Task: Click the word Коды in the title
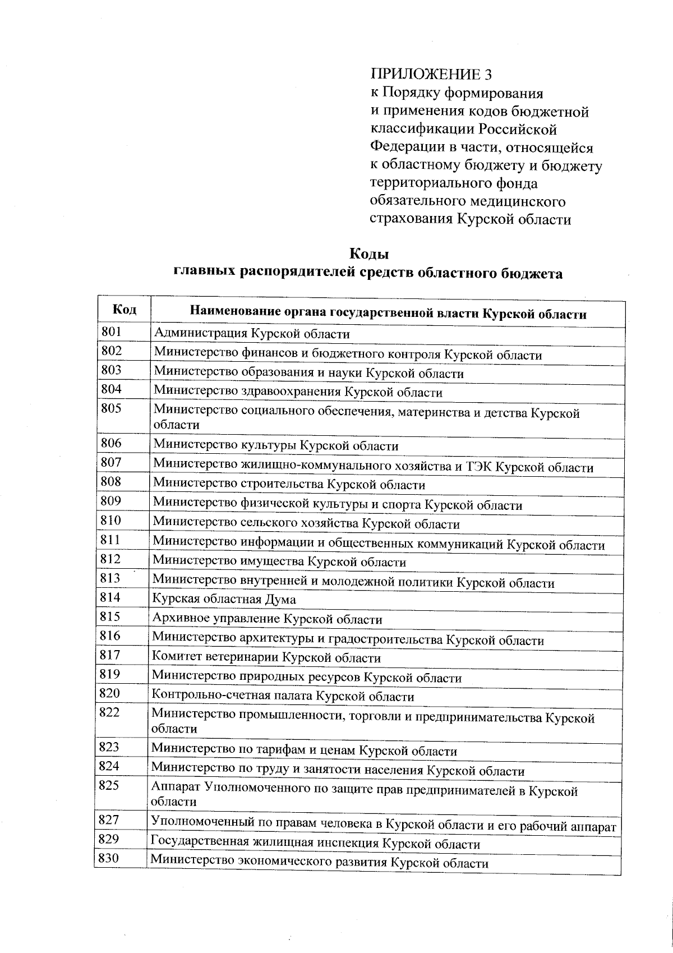click(369, 254)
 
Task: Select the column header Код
click(124, 310)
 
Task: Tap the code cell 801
click(111, 332)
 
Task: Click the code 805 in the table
click(111, 408)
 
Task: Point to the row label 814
click(110, 597)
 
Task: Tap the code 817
click(110, 655)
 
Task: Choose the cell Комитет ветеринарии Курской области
click(266, 658)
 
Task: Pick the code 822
click(110, 712)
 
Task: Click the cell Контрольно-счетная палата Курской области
click(283, 697)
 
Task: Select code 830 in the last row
click(109, 858)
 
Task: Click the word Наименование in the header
click(234, 313)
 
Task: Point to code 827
click(109, 820)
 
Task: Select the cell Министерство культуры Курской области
click(276, 446)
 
